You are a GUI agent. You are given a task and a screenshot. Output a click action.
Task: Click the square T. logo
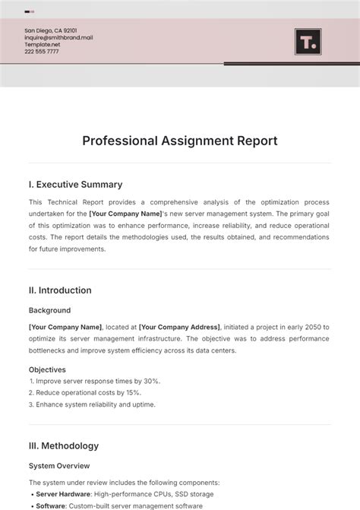308,42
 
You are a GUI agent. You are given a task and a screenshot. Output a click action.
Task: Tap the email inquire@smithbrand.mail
58,37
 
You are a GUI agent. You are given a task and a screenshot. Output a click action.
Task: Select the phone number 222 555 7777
41,52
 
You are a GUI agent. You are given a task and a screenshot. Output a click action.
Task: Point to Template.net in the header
42,45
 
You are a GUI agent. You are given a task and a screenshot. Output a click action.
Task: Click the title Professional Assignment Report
180,141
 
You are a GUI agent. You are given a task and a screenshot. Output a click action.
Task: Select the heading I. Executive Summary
75,185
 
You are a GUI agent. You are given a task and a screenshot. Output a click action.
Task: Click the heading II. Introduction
60,290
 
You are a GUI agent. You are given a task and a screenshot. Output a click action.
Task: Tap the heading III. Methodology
64,446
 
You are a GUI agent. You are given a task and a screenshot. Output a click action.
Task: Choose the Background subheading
50,310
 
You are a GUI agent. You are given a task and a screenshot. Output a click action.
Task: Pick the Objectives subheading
47,369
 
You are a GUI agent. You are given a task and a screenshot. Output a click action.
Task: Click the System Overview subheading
59,466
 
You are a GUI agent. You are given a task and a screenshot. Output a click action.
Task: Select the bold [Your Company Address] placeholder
180,327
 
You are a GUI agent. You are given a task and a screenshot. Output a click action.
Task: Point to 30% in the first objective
151,381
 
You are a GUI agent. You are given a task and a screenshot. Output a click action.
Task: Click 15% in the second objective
132,392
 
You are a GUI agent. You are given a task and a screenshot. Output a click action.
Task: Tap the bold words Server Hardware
65,494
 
